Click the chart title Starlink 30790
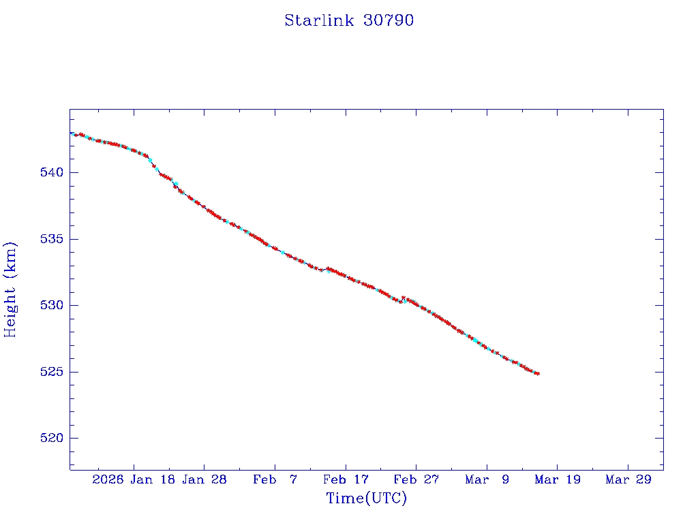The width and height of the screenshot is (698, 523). tap(349, 20)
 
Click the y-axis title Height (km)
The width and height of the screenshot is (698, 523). tap(11, 289)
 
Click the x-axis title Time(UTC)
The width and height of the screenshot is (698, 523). tap(366, 498)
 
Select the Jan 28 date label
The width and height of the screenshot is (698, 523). tap(205, 479)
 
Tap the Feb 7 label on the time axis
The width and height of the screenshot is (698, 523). tap(275, 479)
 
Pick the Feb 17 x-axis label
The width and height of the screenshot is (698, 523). tap(346, 479)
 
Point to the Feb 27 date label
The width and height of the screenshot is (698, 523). tap(416, 479)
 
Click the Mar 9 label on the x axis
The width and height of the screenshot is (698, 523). tap(487, 479)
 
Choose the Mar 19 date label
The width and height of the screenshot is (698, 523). tap(557, 479)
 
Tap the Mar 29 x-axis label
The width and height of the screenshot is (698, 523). tap(628, 479)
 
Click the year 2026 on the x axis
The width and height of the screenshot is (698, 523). tap(108, 479)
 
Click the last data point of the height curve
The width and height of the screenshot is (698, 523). tap(538, 374)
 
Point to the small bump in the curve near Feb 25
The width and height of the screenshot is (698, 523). tap(404, 298)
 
